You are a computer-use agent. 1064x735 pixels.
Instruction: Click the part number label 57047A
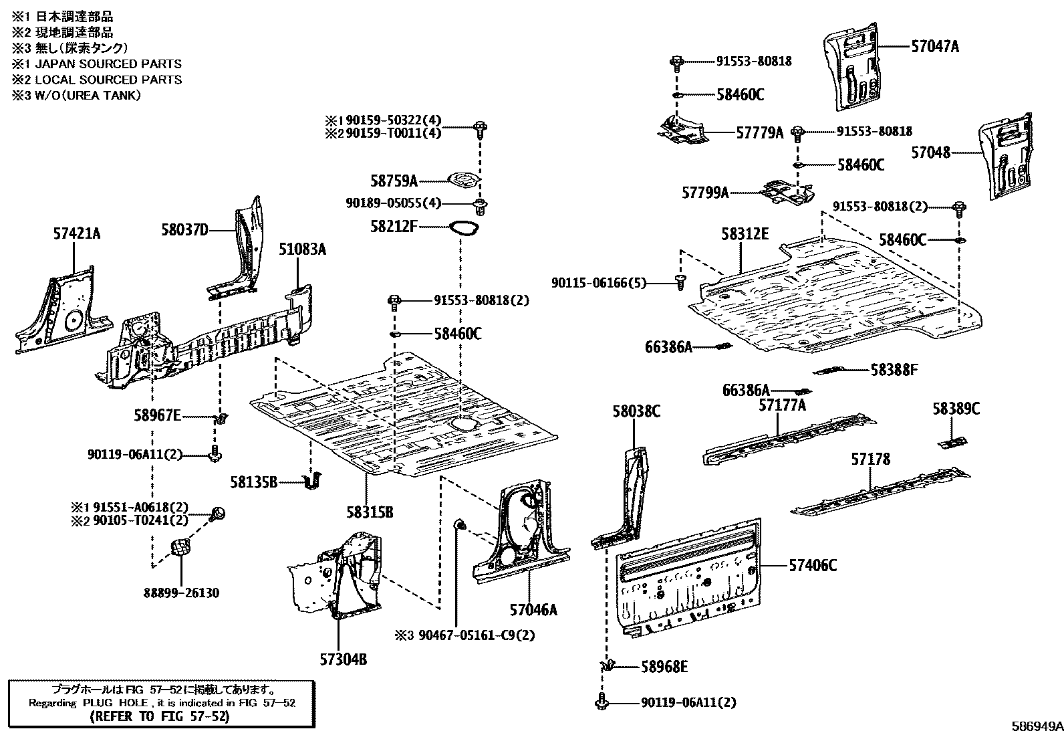coord(934,46)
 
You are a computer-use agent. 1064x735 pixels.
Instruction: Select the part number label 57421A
coord(77,233)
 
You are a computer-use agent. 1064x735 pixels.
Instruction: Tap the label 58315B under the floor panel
coord(370,512)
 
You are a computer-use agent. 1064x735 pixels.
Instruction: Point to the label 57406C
coord(812,566)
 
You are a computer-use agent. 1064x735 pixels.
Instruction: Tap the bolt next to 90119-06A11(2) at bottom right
coord(600,703)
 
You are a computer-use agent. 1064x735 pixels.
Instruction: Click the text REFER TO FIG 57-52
coord(160,716)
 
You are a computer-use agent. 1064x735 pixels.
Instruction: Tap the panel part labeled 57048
coord(1006,157)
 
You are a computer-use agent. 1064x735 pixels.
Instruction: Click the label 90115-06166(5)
coord(598,283)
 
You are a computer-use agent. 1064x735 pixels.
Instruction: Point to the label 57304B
coord(343,660)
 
